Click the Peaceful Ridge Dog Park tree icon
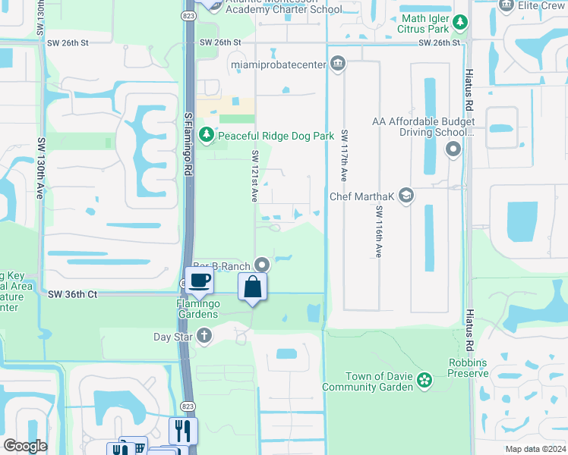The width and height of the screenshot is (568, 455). click(206, 136)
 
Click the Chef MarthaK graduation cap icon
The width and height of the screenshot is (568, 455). click(405, 196)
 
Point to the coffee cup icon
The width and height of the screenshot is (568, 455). click(199, 280)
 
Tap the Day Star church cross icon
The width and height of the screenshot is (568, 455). click(204, 336)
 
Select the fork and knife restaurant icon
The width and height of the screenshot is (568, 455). click(183, 431)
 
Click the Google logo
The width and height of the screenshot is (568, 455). click(25, 446)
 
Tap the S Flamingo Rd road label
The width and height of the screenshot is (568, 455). click(188, 143)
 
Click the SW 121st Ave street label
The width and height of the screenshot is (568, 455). click(255, 176)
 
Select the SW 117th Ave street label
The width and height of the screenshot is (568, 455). click(344, 155)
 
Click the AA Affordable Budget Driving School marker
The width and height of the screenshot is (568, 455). click(453, 149)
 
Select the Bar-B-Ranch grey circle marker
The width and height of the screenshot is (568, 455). click(262, 265)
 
